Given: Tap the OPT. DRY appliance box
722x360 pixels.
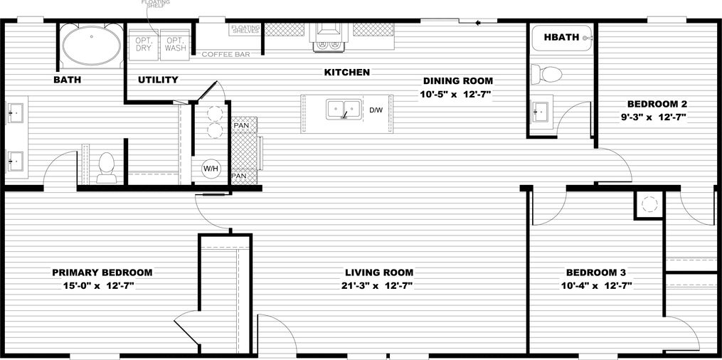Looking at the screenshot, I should [x=145, y=44].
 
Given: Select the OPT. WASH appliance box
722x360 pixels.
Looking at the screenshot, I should [x=175, y=44].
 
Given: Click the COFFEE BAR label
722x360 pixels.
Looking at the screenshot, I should [x=225, y=53].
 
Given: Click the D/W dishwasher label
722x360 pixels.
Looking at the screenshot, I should [x=376, y=110].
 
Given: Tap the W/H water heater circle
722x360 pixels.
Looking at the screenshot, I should [x=211, y=169].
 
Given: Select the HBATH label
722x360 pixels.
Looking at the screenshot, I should [x=561, y=37].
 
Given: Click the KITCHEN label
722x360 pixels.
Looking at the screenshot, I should [x=346, y=72].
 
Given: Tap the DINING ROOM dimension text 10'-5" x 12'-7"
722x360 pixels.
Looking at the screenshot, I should [x=457, y=94].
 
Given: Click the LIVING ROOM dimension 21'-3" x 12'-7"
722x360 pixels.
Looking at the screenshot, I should [x=378, y=285].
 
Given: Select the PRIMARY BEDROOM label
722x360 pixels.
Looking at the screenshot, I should [x=102, y=272].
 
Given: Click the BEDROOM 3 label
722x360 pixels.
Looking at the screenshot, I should [x=596, y=272].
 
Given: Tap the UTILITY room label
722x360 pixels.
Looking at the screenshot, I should [x=158, y=80].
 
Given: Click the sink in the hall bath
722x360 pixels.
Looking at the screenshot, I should [x=541, y=111].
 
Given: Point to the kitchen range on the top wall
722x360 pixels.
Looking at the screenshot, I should [x=328, y=36].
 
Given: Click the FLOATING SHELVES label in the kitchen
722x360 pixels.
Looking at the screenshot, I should [x=245, y=30].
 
